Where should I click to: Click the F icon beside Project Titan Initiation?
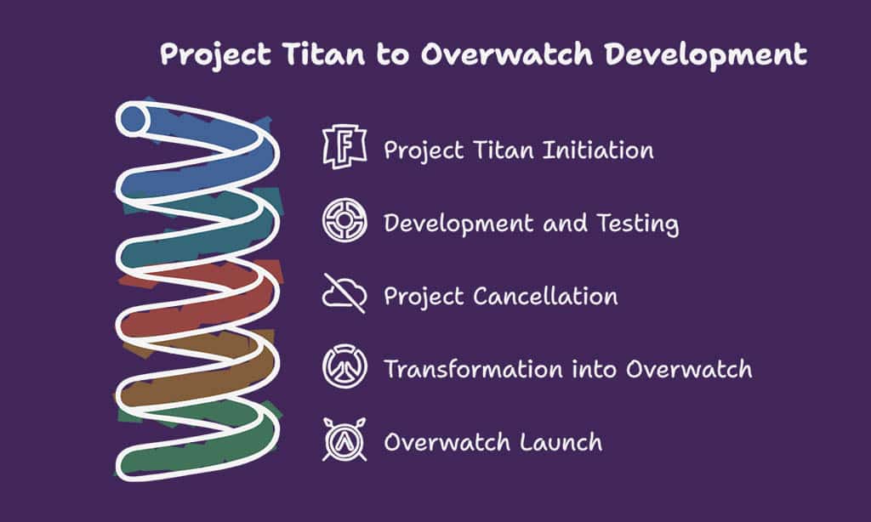[x=344, y=148]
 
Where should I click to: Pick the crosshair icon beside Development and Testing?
[x=344, y=222]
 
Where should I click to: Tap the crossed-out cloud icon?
[x=344, y=295]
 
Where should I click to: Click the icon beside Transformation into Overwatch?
[x=344, y=369]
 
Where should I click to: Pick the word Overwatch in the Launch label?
[x=446, y=442]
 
